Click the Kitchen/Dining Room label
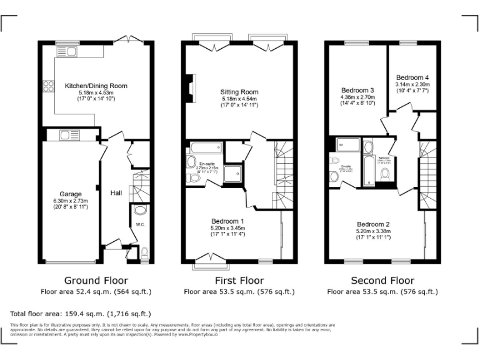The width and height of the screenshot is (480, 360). [96, 86]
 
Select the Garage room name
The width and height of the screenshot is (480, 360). [71, 194]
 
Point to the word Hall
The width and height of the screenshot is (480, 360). [116, 193]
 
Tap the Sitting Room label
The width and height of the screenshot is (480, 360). [239, 92]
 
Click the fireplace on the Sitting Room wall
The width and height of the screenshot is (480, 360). [188, 86]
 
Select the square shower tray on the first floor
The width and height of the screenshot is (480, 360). [233, 174]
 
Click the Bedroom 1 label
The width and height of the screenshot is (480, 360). [227, 222]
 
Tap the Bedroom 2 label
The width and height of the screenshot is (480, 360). [373, 224]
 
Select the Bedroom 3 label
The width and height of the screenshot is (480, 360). [357, 90]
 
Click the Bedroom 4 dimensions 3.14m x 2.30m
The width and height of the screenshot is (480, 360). [412, 84]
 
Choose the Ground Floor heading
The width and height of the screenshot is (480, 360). [96, 281]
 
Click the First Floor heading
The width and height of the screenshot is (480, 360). [239, 281]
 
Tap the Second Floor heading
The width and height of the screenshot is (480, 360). [382, 281]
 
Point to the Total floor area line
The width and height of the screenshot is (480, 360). [81, 313]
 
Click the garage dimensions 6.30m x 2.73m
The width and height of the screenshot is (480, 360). [71, 201]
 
